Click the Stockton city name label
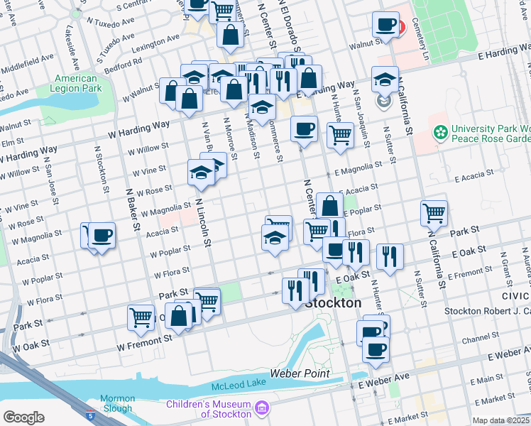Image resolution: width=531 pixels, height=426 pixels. (333, 302)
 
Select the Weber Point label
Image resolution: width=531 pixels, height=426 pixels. (299, 373)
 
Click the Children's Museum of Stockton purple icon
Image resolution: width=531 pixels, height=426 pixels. (262, 408)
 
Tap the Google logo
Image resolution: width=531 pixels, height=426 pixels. (23, 417)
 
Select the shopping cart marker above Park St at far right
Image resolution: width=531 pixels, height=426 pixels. (433, 212)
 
